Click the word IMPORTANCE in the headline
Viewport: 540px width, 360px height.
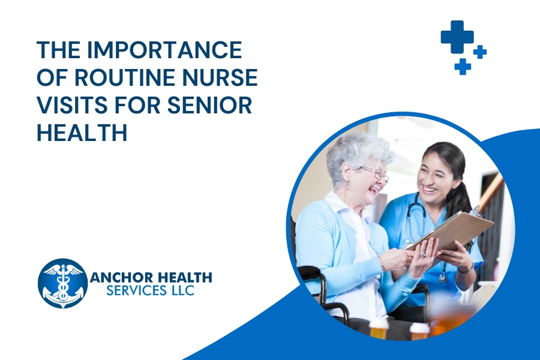click(164, 50)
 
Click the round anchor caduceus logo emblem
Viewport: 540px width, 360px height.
click(62, 283)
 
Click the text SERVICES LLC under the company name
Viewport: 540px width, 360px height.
click(150, 290)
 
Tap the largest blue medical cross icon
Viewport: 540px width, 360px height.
click(457, 37)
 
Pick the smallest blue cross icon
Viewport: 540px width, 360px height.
click(480, 52)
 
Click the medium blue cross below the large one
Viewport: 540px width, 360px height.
click(463, 66)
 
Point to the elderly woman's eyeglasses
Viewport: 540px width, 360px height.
click(376, 174)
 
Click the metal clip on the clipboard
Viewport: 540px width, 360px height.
click(475, 210)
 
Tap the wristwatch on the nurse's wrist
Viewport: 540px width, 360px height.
click(466, 269)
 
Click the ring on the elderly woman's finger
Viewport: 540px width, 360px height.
click(422, 255)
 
